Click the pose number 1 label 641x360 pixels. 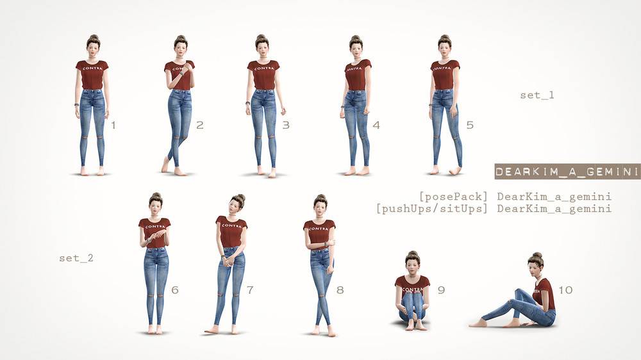tap(113, 125)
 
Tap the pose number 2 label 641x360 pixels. tap(199, 125)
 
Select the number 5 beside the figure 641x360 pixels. tap(470, 125)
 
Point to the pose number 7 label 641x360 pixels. tap(250, 290)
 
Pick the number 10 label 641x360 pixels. tap(565, 290)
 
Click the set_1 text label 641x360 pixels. tap(537, 95)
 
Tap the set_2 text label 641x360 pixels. tap(76, 258)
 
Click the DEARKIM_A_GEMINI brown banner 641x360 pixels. tap(567, 172)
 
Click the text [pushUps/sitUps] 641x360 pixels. tap(431, 209)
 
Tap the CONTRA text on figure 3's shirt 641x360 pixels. tap(263, 68)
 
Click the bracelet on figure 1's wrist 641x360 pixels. tap(76, 104)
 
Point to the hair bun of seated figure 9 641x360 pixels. tap(412, 254)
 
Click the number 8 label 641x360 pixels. tap(340, 290)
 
